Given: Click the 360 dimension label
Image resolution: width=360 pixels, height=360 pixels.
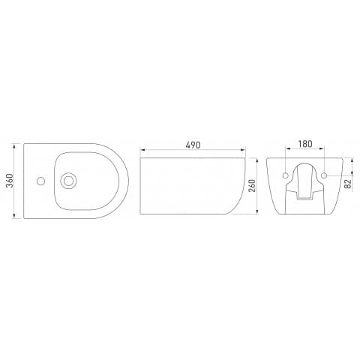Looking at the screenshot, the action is pos(9,181).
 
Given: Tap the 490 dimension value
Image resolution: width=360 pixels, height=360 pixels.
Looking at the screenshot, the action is pos(193,145).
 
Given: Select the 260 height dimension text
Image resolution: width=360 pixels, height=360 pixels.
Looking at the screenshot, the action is pos(253,185).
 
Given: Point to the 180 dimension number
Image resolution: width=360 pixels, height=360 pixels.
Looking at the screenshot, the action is pos(305,144).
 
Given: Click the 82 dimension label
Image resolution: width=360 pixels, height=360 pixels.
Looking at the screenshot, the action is pos(348,184).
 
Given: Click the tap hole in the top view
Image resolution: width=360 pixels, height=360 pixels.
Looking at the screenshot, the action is pos(40,181).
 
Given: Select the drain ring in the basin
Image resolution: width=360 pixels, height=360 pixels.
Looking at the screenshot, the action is pos(68,181).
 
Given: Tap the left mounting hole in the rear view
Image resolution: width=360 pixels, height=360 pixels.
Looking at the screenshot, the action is pos(286,175).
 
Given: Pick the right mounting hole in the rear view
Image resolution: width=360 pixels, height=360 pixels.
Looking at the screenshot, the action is pos(324,175).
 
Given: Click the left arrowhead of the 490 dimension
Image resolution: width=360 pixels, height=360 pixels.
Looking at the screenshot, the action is pos(142,150).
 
